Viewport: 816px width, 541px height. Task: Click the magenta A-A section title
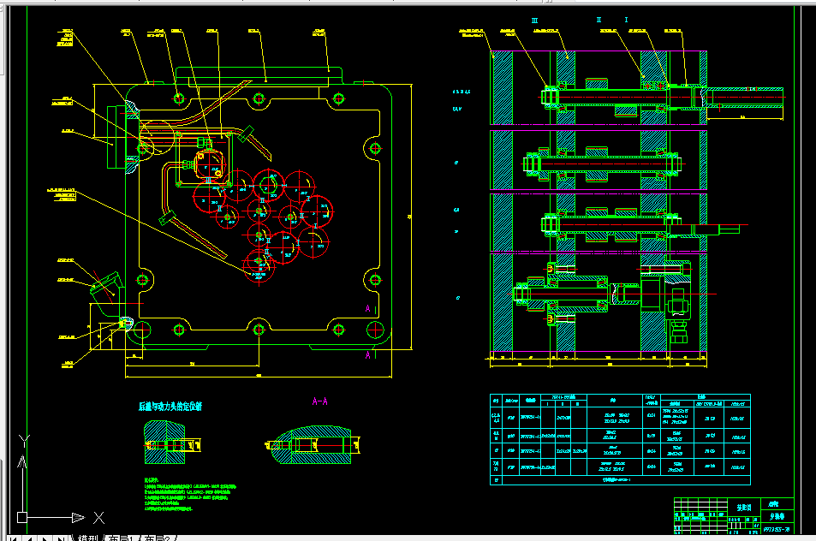(x=320, y=401)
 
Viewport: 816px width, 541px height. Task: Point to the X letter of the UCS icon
(x=98, y=517)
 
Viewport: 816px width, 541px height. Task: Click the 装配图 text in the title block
(x=743, y=507)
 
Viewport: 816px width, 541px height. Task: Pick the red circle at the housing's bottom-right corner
(x=373, y=330)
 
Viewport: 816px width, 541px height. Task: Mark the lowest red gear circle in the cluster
(x=259, y=267)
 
